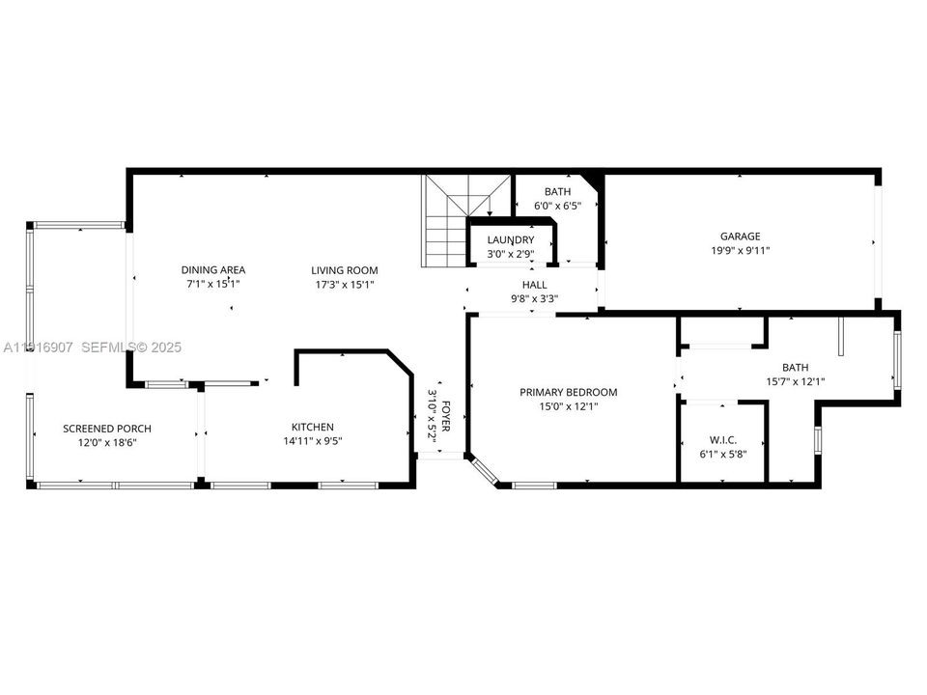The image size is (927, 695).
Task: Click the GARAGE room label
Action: coord(740,236)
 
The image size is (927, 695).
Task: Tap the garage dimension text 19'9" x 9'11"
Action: coord(740,251)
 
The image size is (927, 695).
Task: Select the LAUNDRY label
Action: coord(511,240)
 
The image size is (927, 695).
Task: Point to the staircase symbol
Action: coord(458,222)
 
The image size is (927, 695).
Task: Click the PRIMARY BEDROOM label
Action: coord(568,393)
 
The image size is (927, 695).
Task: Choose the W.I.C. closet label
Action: coord(723,439)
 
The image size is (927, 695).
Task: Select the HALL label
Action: coord(534,285)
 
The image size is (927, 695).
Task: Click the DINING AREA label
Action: coord(213,270)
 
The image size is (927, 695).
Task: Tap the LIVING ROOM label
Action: coord(344,270)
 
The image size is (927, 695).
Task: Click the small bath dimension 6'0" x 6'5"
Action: coord(557,206)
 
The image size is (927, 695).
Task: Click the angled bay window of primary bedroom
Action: coord(485,470)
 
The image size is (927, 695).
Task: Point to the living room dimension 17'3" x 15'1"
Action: coord(344,285)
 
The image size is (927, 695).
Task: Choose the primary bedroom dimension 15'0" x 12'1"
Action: coord(568,407)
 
